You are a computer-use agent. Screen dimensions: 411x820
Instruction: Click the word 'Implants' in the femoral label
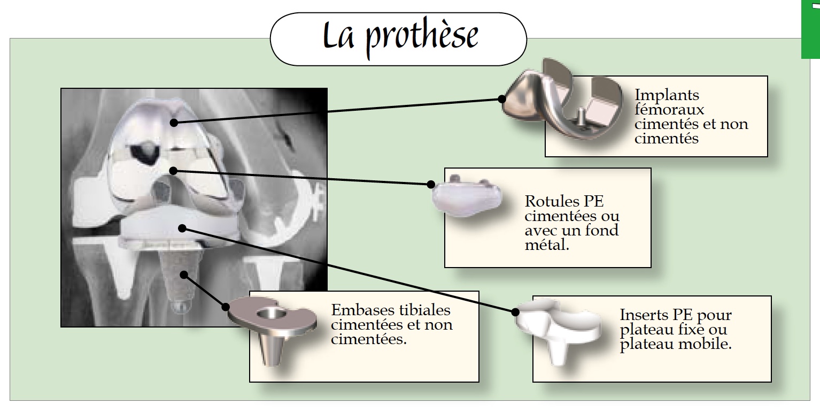point(667,95)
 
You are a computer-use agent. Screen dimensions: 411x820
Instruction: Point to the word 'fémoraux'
point(669,110)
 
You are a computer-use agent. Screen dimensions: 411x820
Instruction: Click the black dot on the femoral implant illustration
point(501,99)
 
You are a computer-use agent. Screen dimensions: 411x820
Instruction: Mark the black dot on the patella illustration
point(431,185)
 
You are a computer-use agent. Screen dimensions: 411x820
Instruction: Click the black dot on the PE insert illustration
point(515,312)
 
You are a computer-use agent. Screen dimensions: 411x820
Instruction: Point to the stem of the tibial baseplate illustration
point(270,348)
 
